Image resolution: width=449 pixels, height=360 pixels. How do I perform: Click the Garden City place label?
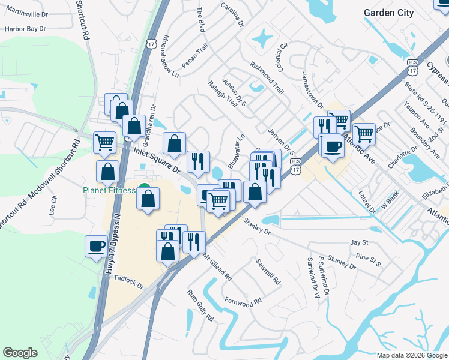coord(389,13)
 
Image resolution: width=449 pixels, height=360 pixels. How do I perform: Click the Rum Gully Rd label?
coord(200,306)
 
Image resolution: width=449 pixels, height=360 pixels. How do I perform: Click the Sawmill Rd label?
coord(268,272)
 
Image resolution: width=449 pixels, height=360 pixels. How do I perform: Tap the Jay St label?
coord(359,242)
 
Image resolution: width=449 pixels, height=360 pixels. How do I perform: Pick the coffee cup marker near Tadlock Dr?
coord(96,246)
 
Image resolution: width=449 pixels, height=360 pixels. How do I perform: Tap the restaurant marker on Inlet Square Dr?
coord(197,161)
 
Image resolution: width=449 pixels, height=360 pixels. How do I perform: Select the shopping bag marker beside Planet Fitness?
coord(148,199)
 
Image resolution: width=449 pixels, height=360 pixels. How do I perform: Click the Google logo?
coord(20,353)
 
